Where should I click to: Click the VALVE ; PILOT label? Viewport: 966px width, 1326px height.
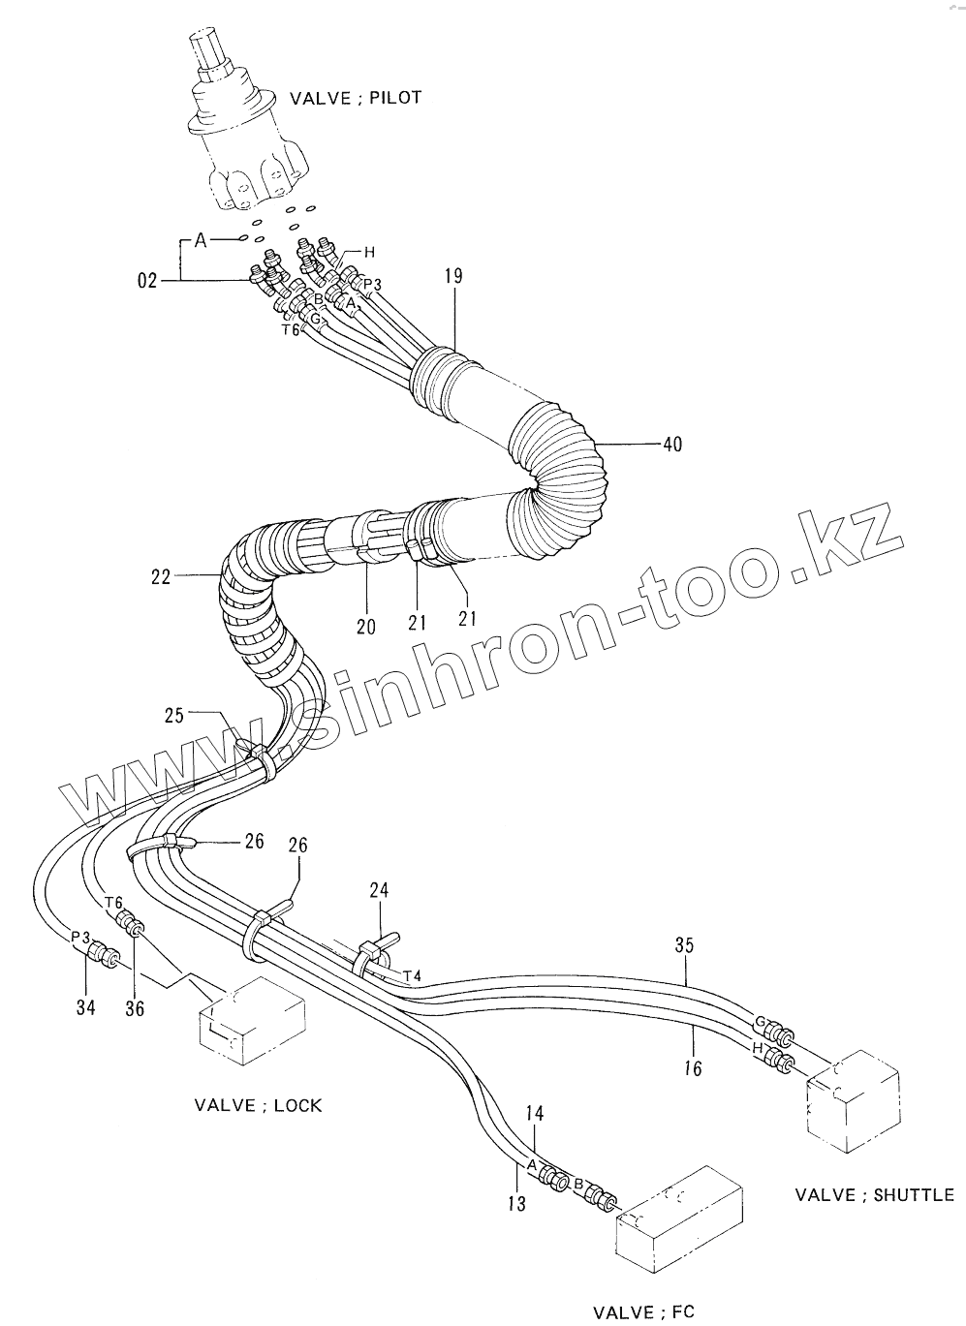[356, 98]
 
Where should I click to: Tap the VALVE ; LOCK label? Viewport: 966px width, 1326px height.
[258, 1105]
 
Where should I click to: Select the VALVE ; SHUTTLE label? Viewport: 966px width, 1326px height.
[874, 1194]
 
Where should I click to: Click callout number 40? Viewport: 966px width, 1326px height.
[671, 445]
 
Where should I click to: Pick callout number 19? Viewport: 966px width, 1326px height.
[453, 277]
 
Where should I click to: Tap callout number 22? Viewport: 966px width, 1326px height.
[160, 577]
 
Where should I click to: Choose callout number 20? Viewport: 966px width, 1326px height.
[365, 627]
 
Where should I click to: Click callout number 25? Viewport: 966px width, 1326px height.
[173, 716]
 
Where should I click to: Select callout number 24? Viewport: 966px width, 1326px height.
[379, 888]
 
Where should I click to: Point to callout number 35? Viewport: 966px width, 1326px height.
[684, 945]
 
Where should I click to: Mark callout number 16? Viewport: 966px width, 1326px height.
[693, 1068]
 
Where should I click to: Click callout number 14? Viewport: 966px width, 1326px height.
[537, 1113]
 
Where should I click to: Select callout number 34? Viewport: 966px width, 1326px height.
[86, 1007]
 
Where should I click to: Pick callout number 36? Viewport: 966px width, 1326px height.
[135, 1008]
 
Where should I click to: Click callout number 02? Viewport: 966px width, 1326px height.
[146, 281]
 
